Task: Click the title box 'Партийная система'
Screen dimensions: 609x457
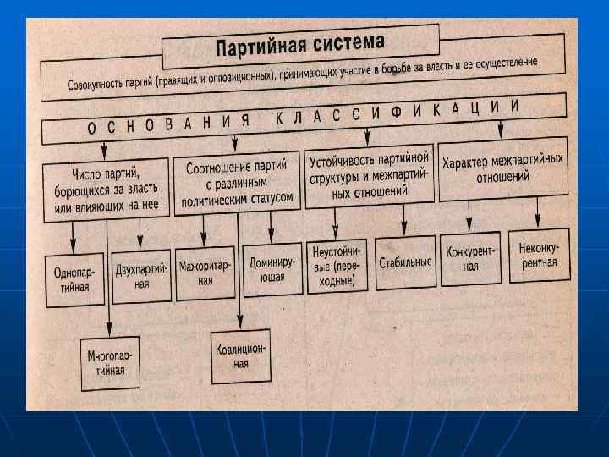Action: (x=300, y=44)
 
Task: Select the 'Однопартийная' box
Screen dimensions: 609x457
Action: (x=81, y=280)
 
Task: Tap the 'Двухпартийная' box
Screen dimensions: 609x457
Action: (x=142, y=274)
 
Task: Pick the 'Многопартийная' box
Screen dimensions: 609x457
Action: (x=109, y=361)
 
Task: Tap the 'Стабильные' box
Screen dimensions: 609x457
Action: (x=405, y=262)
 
